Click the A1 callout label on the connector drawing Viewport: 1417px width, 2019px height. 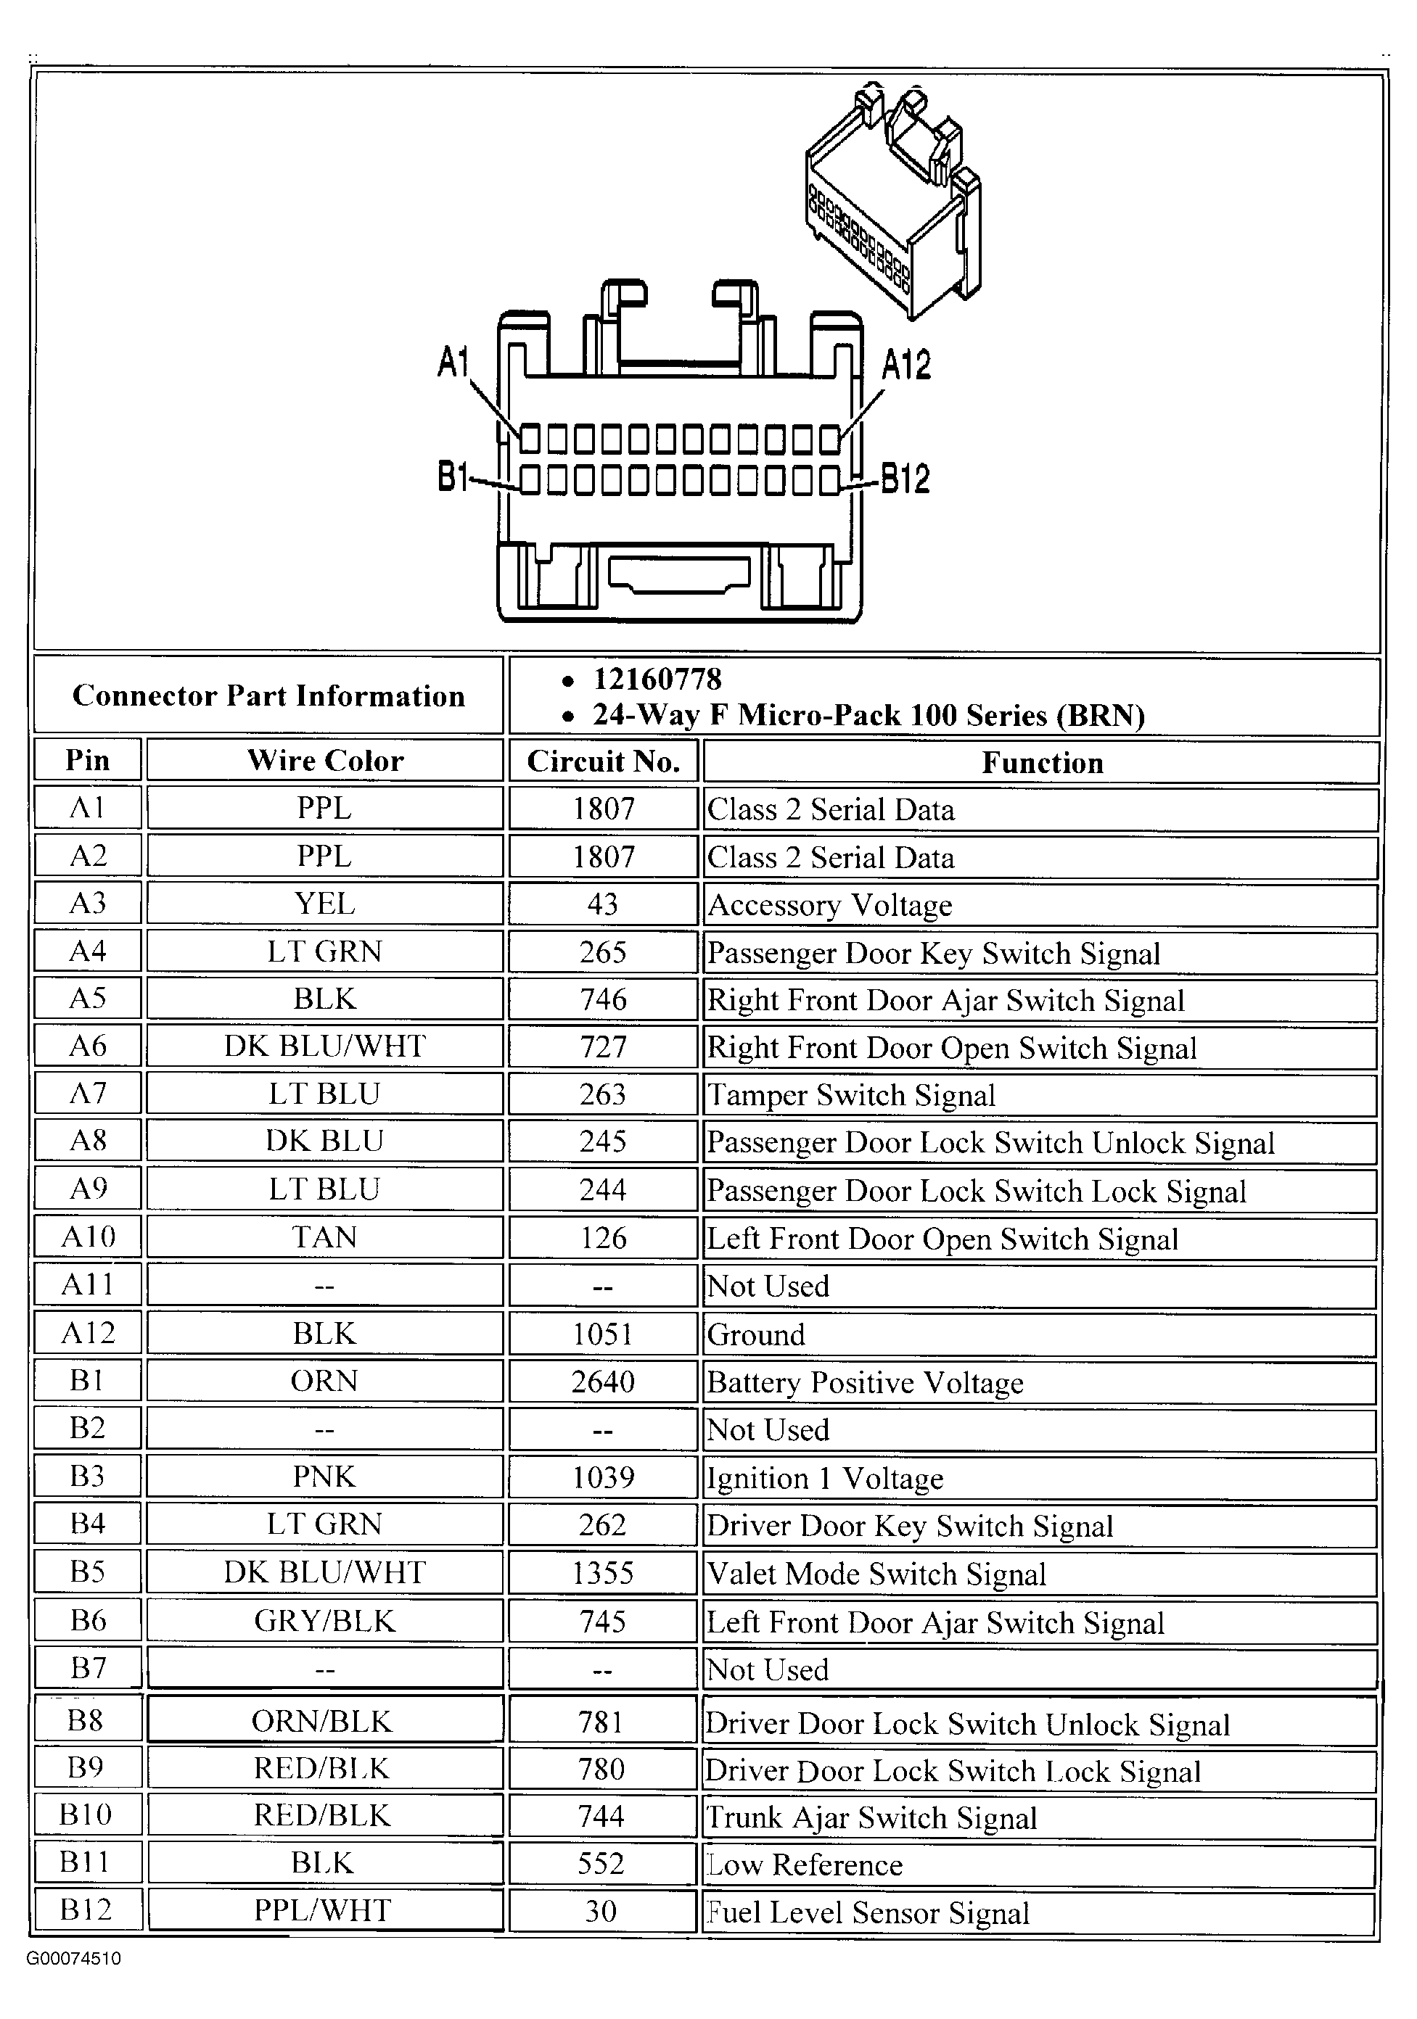[x=454, y=361]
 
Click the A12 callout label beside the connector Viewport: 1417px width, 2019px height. [x=906, y=365]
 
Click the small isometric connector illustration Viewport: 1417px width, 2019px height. [x=892, y=202]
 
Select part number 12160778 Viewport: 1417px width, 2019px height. [x=657, y=679]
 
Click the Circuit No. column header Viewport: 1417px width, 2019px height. [x=604, y=761]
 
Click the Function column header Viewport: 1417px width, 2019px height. [x=1041, y=762]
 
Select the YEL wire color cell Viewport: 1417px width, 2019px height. [x=324, y=904]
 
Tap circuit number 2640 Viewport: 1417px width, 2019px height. [x=602, y=1382]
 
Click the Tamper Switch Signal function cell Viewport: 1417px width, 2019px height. [x=850, y=1096]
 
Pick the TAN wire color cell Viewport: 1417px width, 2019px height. [x=324, y=1238]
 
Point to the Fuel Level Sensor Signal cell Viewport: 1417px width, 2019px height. [x=867, y=1913]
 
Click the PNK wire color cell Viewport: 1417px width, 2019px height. [x=324, y=1477]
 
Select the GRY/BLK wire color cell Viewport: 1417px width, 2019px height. [x=324, y=1621]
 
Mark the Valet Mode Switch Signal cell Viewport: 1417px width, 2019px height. [x=876, y=1574]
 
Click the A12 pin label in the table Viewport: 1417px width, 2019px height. [x=88, y=1333]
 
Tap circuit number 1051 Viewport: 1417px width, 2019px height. [x=602, y=1334]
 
